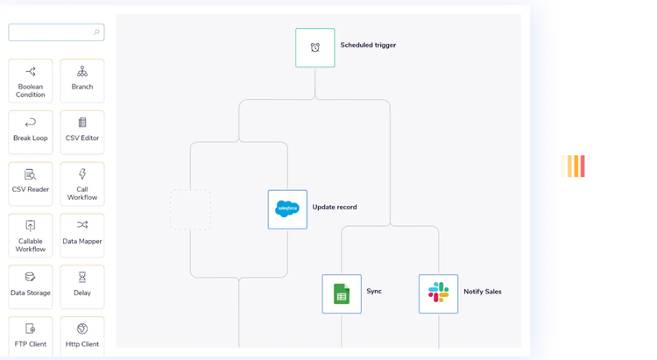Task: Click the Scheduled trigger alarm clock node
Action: coord(315,48)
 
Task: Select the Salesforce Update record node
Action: coord(287,209)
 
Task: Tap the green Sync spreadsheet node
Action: coord(342,293)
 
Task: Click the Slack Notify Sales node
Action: coord(438,293)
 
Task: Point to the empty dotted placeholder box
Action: coord(190,209)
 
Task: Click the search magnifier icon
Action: coord(96,32)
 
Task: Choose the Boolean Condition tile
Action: coord(31,81)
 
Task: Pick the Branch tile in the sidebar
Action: coord(82,81)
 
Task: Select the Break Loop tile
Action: coord(31,132)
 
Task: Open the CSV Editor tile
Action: coord(82,132)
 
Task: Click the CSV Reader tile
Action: coord(31,184)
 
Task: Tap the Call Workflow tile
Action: coord(82,184)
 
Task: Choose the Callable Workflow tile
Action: coord(31,236)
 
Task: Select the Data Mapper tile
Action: coord(82,236)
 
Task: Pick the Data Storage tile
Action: coord(31,287)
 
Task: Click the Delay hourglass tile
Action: coord(82,287)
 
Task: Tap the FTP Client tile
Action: coord(31,336)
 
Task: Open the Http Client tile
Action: coord(82,336)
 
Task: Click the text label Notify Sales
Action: coord(483,292)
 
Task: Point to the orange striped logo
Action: coord(573,166)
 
